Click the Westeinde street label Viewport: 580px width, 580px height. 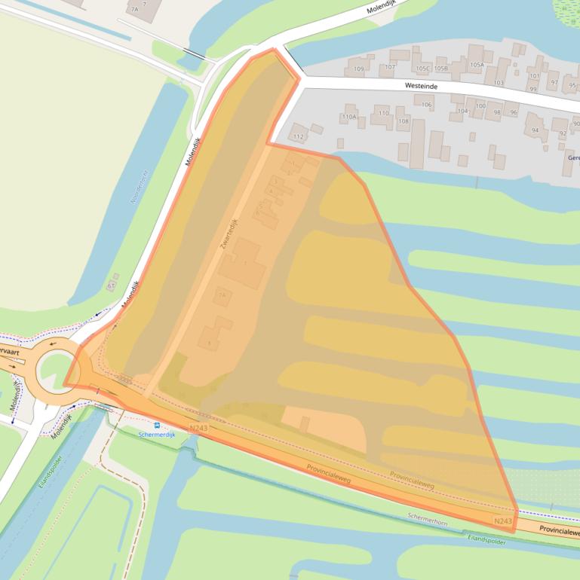422,86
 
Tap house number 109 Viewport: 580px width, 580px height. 358,69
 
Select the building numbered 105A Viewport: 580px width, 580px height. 476,65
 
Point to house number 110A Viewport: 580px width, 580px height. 348,117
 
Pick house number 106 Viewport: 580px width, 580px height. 426,105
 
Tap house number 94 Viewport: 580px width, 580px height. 535,130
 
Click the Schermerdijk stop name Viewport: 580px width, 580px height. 157,435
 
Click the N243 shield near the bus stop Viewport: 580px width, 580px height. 199,428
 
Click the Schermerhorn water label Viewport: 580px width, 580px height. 428,517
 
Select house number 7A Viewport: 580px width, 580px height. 135,10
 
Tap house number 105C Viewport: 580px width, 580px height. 422,69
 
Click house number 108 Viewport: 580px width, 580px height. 403,121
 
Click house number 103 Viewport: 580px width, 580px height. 499,82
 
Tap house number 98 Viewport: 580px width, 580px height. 497,112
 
